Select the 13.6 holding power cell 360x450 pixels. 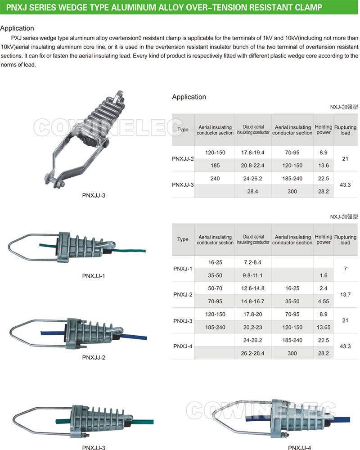pos(324,165)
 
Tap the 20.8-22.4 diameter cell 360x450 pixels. pos(253,165)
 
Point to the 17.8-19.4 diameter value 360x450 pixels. pos(253,153)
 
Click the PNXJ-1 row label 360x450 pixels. pos(183,269)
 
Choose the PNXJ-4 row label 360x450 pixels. pos(183,346)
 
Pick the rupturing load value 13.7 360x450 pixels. pos(345,294)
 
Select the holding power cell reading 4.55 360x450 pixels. pos(324,301)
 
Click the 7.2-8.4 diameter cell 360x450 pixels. pos(253,262)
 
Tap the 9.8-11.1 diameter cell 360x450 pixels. pos(253,275)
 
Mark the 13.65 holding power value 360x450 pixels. pos(324,327)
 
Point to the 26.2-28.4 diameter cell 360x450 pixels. pos(253,353)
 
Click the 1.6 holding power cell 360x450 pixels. pos(324,275)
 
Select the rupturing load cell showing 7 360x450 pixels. pos(345,269)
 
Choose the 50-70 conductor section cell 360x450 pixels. pos(215,288)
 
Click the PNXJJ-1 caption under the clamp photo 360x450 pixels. pos(94,275)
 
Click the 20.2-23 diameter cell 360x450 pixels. pos(253,327)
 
